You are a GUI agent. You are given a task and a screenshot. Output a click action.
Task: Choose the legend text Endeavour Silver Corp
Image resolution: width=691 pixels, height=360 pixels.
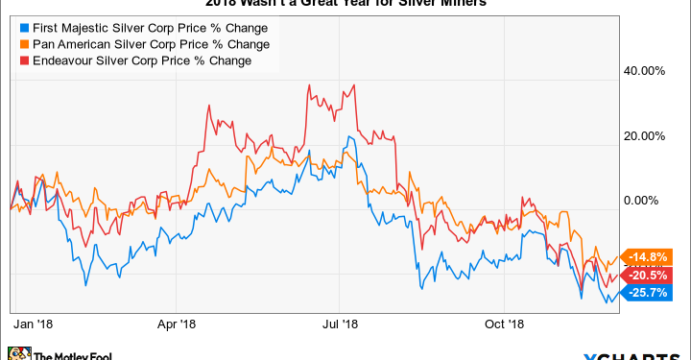click(x=126, y=61)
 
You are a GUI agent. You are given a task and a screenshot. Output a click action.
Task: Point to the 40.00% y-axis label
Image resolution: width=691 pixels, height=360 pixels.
click(x=645, y=71)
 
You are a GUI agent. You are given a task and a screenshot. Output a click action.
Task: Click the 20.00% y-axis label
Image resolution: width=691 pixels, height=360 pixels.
click(x=645, y=136)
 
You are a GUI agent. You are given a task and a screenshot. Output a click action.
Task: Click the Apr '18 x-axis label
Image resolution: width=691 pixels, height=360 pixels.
click(x=176, y=324)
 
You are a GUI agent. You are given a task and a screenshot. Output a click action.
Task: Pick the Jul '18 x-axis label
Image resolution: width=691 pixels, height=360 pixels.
click(x=341, y=324)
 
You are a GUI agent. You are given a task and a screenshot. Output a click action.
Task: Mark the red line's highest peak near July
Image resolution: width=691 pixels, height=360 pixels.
click(x=309, y=85)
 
